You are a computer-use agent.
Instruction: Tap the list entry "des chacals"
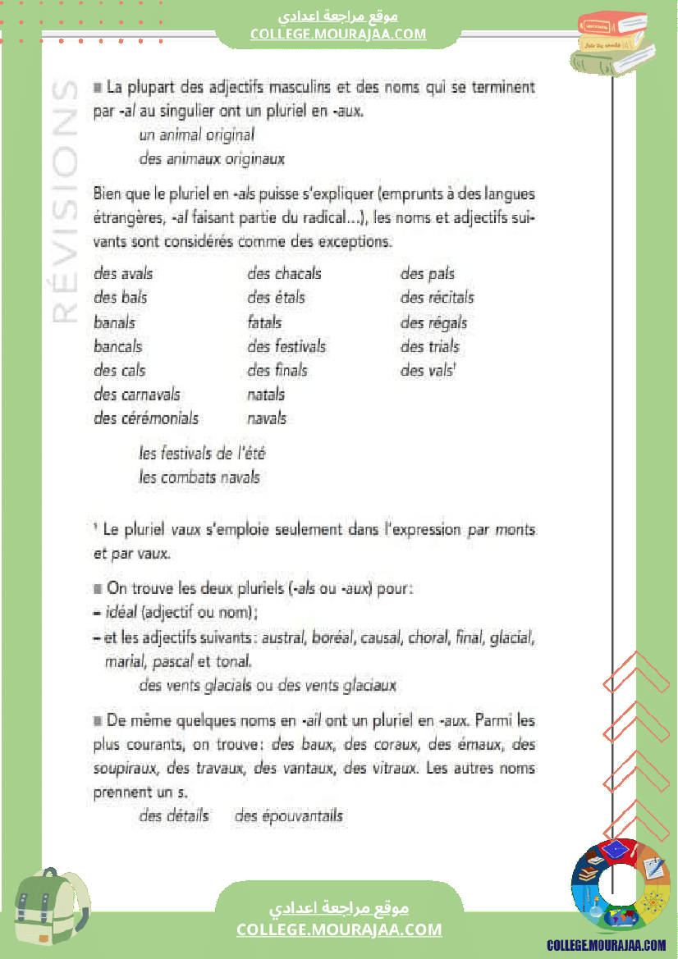(284, 274)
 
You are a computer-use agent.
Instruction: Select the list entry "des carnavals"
(137, 395)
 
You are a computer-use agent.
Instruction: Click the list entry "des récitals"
(437, 298)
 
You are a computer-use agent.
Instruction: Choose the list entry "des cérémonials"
(146, 418)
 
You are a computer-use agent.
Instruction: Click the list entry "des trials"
(429, 346)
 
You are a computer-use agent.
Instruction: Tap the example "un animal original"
(197, 135)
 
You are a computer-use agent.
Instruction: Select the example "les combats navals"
(199, 477)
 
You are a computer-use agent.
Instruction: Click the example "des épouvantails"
(289, 816)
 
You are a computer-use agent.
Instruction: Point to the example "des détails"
(174, 816)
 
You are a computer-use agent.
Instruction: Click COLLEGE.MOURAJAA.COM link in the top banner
(338, 34)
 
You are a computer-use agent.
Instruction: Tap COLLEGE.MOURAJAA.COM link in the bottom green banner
(339, 929)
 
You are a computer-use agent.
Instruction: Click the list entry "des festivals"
(286, 346)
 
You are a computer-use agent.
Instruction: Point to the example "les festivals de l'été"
(203, 454)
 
